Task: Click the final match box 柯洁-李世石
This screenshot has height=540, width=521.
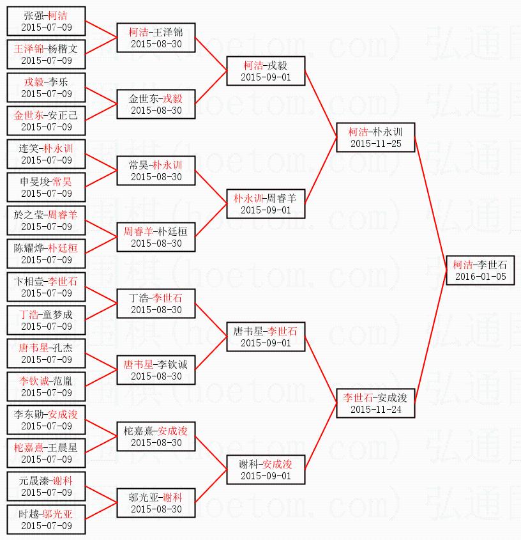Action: click(481, 270)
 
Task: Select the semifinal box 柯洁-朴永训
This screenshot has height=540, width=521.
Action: click(376, 137)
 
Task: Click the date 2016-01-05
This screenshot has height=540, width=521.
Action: click(481, 277)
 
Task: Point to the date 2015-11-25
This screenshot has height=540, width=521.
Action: click(376, 144)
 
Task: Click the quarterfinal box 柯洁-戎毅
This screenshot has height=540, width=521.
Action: click(266, 71)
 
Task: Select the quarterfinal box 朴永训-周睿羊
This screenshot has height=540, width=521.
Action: click(266, 204)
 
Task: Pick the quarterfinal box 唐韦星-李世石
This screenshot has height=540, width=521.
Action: click(266, 337)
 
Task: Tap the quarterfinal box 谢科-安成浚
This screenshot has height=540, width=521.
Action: click(266, 470)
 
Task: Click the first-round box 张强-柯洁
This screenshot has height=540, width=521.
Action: click(47, 21)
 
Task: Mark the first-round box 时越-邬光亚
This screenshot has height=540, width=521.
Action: click(47, 520)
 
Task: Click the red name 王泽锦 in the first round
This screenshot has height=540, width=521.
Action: click(29, 49)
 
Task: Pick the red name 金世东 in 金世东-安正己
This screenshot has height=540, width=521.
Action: click(29, 115)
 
